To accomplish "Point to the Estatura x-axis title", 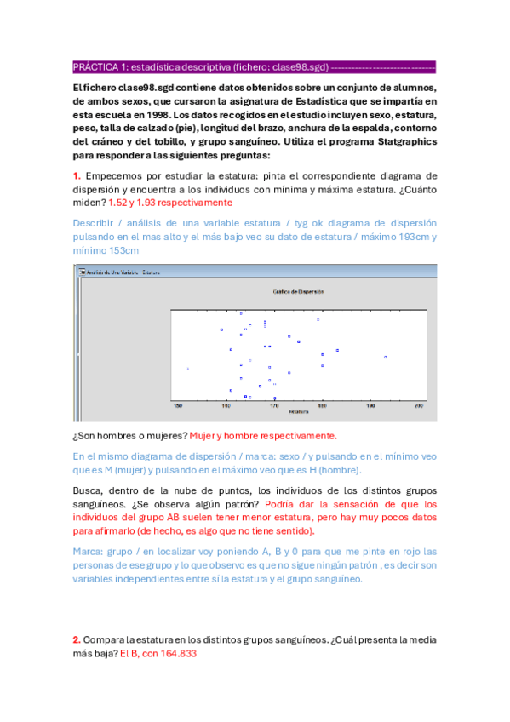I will (298, 412).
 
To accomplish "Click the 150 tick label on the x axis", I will (177, 406).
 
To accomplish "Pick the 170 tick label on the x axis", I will (274, 406).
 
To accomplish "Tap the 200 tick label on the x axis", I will (419, 406).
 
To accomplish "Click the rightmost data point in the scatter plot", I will (386, 357).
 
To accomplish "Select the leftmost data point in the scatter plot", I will (187, 368).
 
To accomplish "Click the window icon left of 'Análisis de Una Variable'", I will (79, 272).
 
